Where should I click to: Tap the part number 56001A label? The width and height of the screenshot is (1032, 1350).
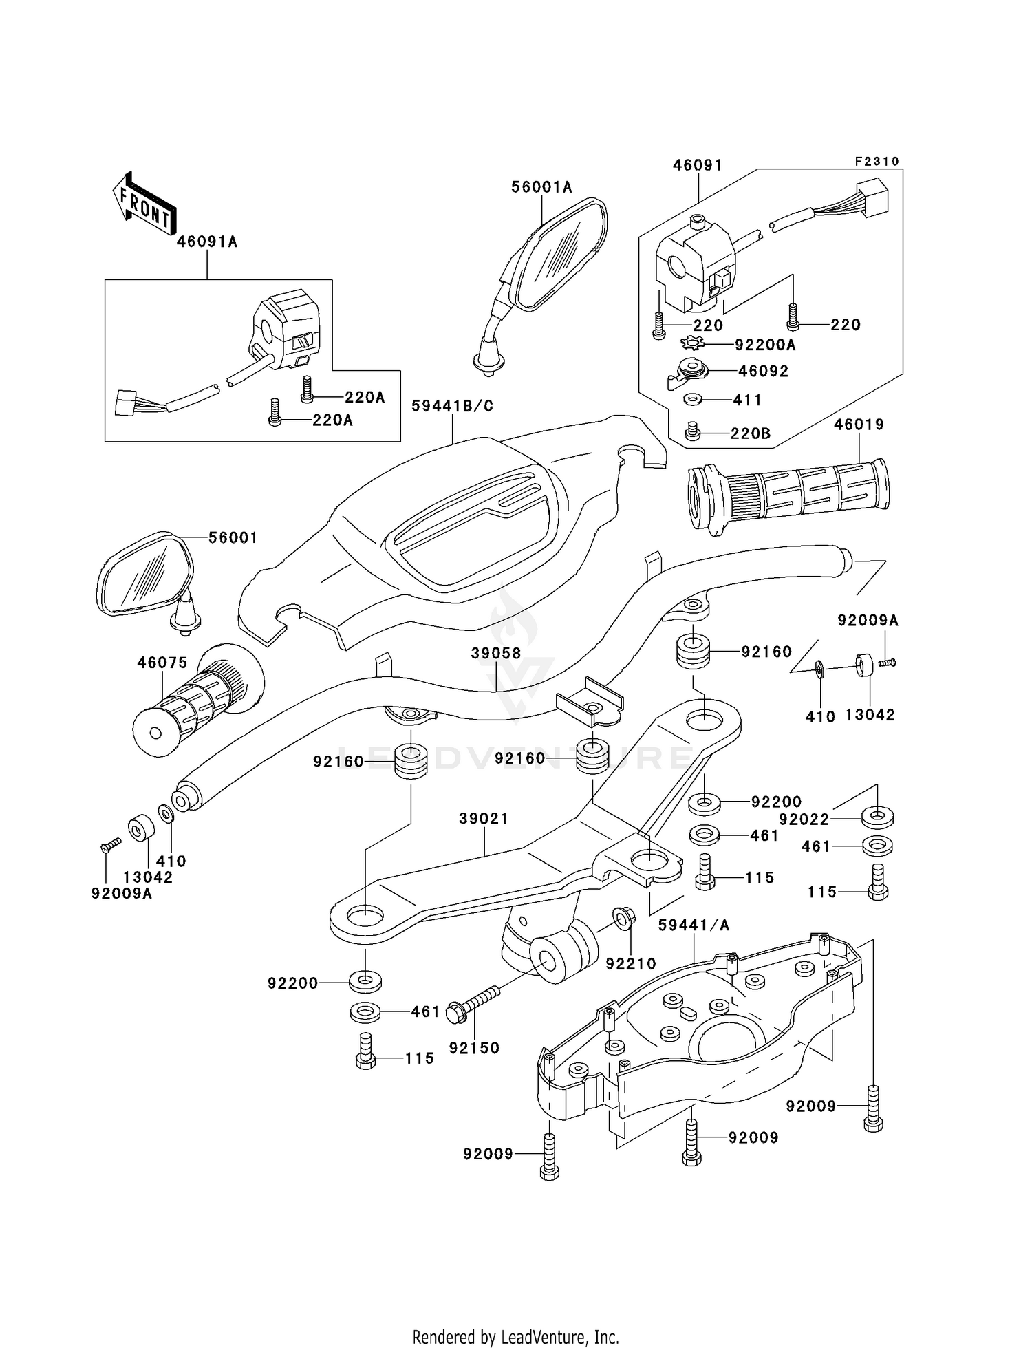click(x=541, y=187)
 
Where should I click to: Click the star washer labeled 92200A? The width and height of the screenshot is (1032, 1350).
click(x=693, y=343)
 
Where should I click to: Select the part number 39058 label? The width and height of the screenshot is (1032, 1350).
click(x=496, y=653)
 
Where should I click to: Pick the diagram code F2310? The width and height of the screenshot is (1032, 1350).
click(x=877, y=161)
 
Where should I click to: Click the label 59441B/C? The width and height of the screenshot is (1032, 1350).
click(x=453, y=406)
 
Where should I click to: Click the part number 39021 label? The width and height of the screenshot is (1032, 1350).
click(x=484, y=819)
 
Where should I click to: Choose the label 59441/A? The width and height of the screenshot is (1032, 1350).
click(x=694, y=925)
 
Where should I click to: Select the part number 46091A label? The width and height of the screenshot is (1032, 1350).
click(x=207, y=242)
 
